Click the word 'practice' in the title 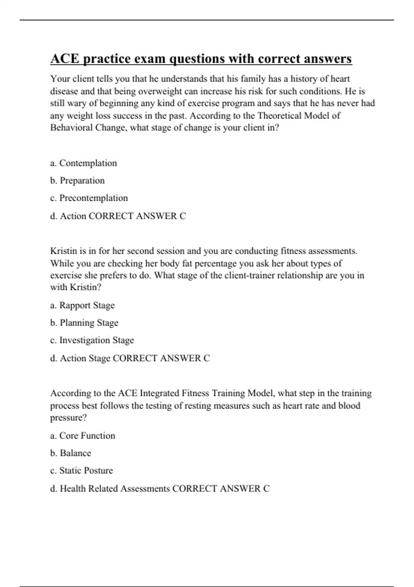tap(106, 59)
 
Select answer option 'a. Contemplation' tap(83, 163)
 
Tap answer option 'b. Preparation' tap(77, 181)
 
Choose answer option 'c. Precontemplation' tap(89, 198)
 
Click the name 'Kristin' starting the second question tap(63, 251)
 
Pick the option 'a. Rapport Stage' tap(82, 305)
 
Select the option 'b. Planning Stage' tap(84, 323)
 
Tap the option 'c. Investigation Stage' tap(92, 340)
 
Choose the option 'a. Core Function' tap(82, 436)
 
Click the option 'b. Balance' tap(70, 453)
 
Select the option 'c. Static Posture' tap(81, 471)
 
